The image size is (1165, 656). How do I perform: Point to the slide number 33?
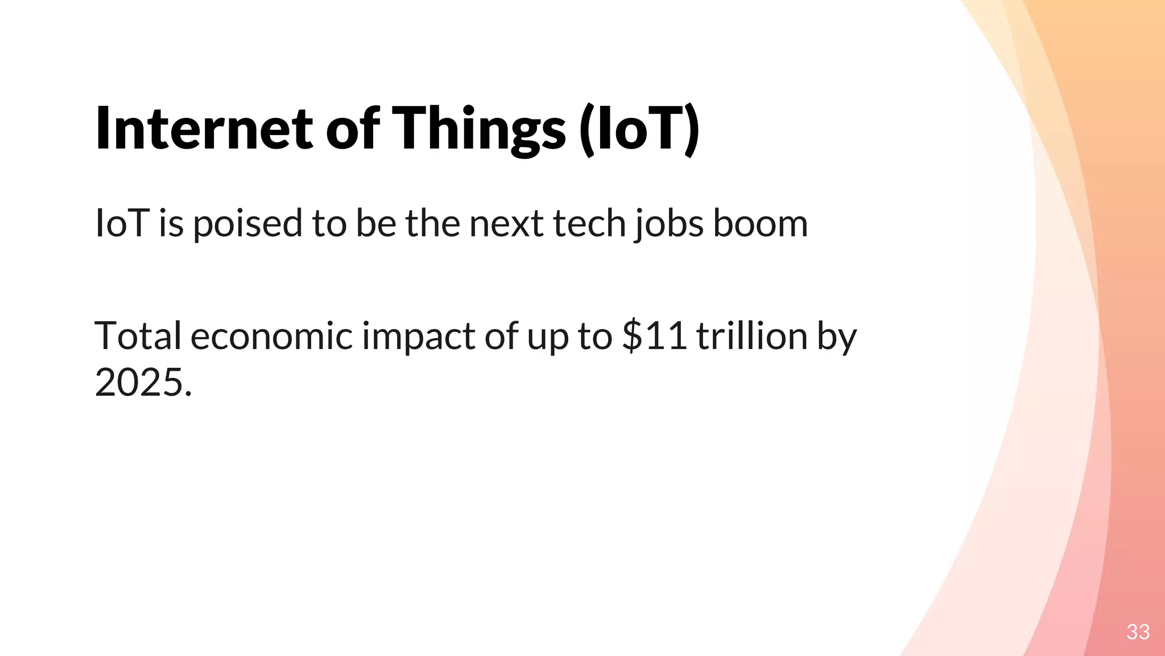click(x=1138, y=632)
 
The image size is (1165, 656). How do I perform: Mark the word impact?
click(x=419, y=336)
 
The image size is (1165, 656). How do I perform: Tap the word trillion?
click(x=752, y=336)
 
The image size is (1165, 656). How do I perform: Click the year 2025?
click(x=139, y=383)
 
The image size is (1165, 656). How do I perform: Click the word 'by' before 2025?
click(x=837, y=336)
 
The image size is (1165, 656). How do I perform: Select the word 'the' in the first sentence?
click(x=433, y=223)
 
